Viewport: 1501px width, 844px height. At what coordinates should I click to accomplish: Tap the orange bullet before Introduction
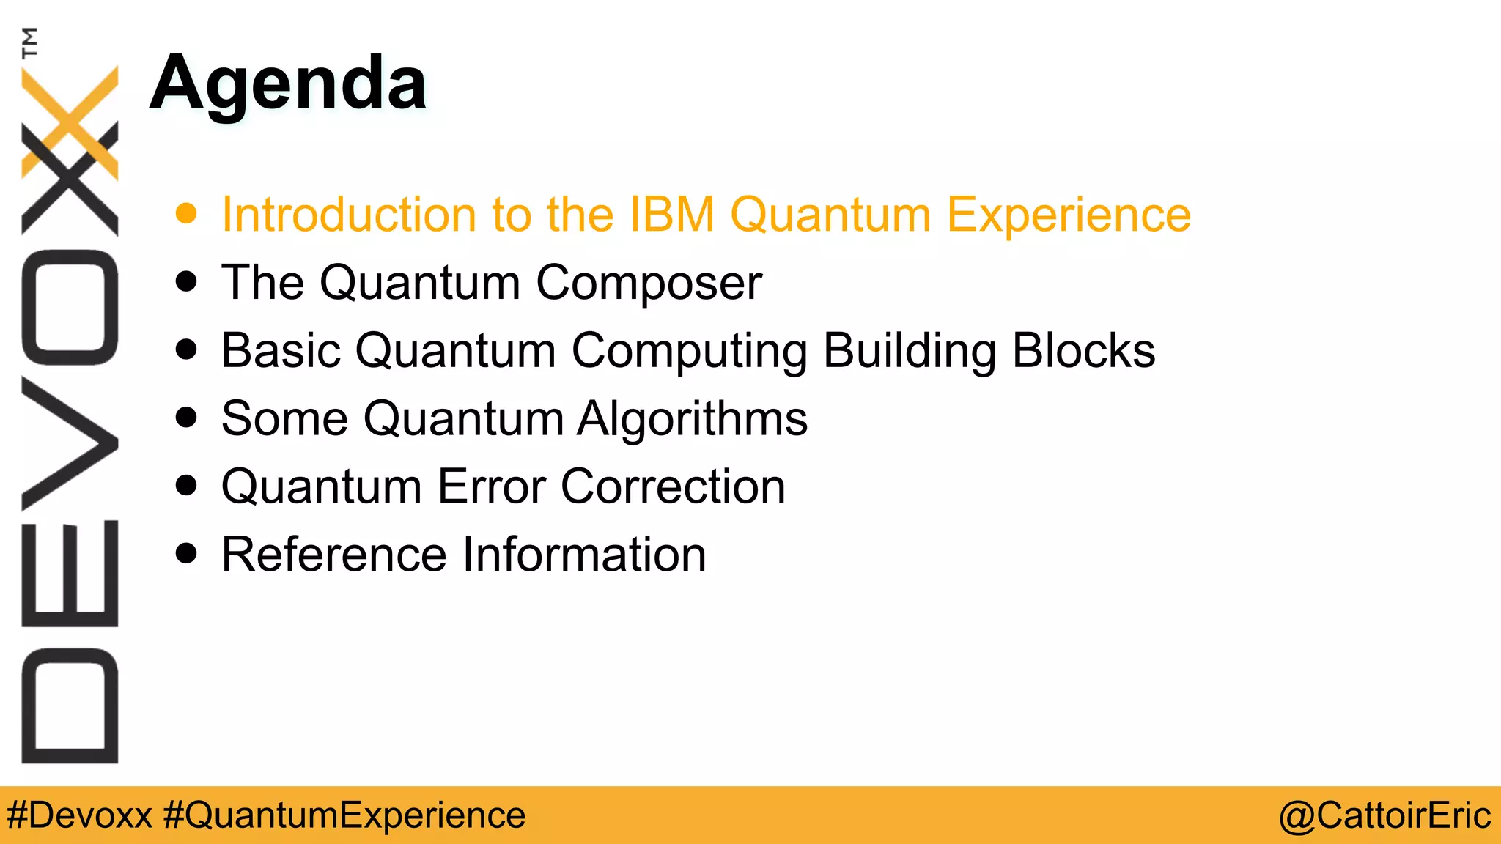pyautogui.click(x=187, y=213)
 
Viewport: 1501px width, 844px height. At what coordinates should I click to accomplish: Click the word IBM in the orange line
pyautogui.click(x=671, y=215)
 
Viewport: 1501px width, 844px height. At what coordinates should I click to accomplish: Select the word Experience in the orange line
pyautogui.click(x=1069, y=216)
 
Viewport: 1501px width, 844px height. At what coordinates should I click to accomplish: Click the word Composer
pyautogui.click(x=649, y=284)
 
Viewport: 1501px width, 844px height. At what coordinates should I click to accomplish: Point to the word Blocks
pyautogui.click(x=1083, y=350)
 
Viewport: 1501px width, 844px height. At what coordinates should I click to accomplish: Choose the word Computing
pyautogui.click(x=689, y=352)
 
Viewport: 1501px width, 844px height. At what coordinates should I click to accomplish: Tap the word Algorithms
pyautogui.click(x=692, y=419)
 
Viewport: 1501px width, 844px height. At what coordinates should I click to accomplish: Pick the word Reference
pyautogui.click(x=333, y=555)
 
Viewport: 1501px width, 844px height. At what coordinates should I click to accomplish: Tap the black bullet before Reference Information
pyautogui.click(x=187, y=553)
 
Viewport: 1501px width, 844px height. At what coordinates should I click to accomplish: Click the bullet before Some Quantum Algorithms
pyautogui.click(x=187, y=418)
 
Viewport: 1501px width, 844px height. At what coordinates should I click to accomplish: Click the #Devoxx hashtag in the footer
pyautogui.click(x=80, y=815)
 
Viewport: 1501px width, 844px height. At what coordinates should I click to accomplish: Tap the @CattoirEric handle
pyautogui.click(x=1384, y=815)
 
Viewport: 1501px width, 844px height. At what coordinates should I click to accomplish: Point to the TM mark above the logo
pyautogui.click(x=29, y=42)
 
